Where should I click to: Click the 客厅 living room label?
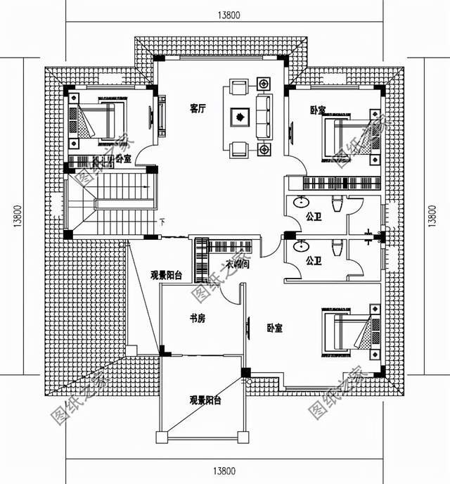click(x=198, y=108)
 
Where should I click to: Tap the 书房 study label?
click(x=197, y=319)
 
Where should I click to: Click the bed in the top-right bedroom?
click(x=345, y=138)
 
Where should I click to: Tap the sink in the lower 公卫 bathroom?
click(x=302, y=248)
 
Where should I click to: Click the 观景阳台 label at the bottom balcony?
click(x=205, y=400)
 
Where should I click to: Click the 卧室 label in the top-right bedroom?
click(x=317, y=110)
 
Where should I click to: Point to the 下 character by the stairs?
click(x=162, y=223)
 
